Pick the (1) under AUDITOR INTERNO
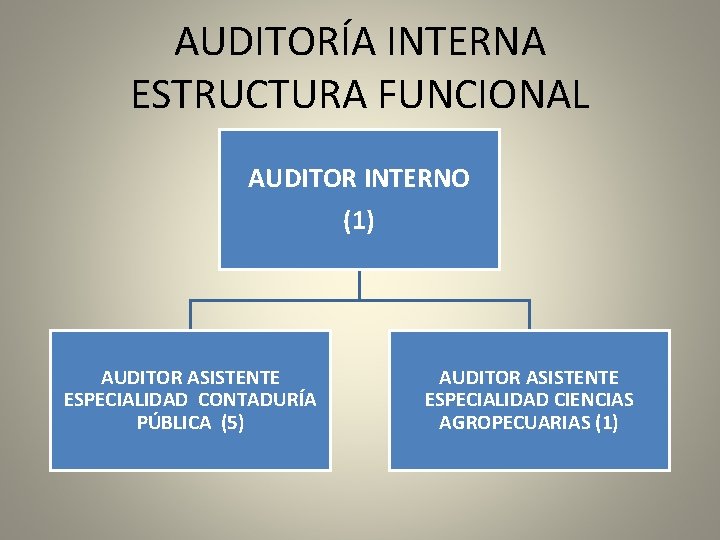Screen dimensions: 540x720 point(358,221)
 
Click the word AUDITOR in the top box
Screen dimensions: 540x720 point(291,179)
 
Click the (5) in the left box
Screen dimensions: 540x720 point(230,422)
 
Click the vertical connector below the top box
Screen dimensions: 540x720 point(359,285)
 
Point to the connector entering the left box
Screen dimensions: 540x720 point(190,315)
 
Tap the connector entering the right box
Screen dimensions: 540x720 point(529,315)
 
